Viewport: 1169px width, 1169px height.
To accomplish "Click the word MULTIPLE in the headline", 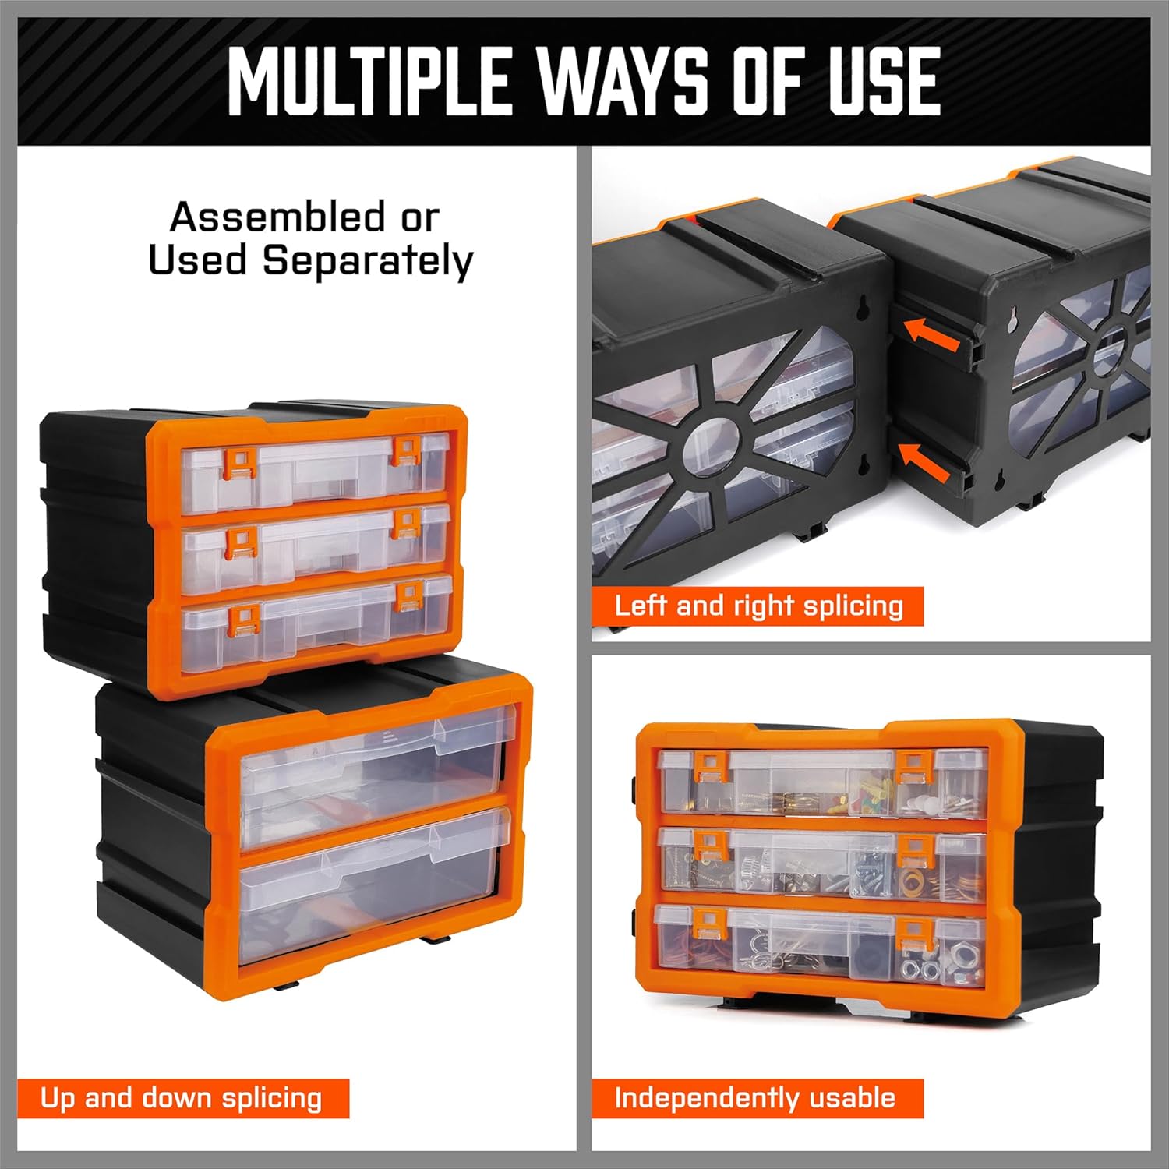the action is coord(369,81).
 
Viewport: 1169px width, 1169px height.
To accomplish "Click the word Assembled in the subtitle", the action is coord(277,217).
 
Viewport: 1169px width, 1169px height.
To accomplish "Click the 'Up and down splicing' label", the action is coord(182,1098).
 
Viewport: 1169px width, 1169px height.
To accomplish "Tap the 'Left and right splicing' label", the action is coord(758,606).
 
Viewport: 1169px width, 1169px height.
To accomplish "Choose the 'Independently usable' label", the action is coord(755,1098).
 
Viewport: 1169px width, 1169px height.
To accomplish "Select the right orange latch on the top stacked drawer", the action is coord(407,450).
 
